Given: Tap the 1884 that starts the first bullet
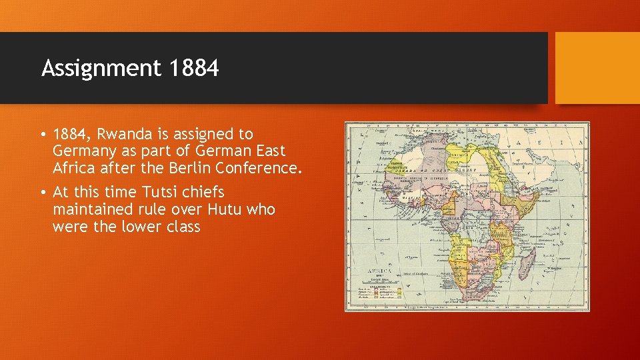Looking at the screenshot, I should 69,135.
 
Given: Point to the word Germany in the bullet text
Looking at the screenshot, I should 85,152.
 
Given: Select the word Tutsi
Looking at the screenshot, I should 161,192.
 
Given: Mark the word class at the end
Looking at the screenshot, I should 181,227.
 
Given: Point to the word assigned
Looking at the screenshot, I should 215,135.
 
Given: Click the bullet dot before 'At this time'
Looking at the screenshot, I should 43,193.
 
